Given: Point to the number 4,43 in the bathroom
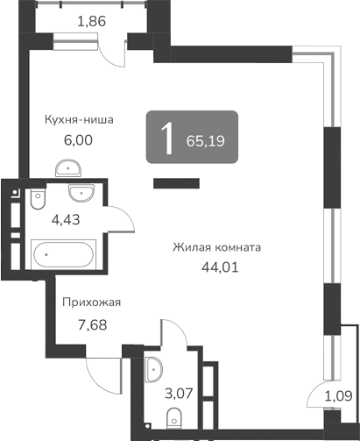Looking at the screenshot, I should tap(66, 219).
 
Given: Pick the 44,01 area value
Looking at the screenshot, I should tap(219, 268).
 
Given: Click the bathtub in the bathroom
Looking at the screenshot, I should tap(62, 258).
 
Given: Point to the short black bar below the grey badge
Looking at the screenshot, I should tap(173, 183).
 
